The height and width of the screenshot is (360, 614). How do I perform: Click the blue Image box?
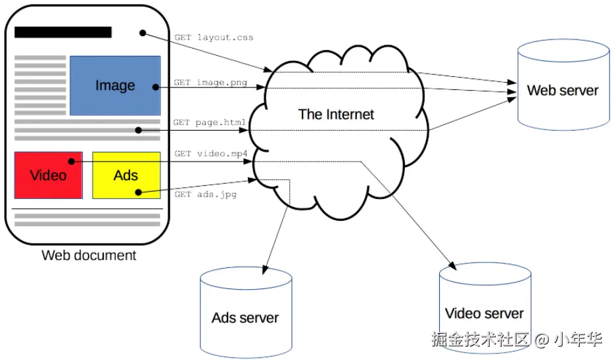(x=115, y=85)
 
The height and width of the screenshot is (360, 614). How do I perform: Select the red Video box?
(x=48, y=175)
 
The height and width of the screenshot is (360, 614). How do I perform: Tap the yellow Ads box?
(x=126, y=175)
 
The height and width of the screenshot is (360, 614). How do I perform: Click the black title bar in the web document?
(x=63, y=32)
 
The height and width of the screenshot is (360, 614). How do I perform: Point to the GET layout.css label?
(x=214, y=37)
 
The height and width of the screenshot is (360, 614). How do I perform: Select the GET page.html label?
(x=210, y=122)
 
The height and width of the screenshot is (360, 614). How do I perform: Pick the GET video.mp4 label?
(x=211, y=154)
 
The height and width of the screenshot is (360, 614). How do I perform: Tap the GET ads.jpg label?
(x=205, y=194)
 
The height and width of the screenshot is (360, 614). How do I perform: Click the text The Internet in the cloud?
(x=336, y=114)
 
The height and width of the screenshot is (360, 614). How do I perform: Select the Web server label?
(x=563, y=91)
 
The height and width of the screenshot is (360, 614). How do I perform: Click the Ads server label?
(x=245, y=318)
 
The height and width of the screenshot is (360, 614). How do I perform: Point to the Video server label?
(x=484, y=313)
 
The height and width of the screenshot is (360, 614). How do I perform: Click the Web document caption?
(x=89, y=255)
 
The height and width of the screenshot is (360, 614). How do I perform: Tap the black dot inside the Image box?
(x=155, y=86)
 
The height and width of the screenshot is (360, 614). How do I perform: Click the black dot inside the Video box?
(x=70, y=161)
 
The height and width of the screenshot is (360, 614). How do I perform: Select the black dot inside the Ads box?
(x=138, y=192)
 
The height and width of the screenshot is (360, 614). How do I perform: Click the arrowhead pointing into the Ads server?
(x=264, y=271)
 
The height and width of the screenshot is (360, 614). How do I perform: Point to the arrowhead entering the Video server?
(x=452, y=265)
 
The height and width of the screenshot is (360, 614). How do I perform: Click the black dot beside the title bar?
(x=142, y=33)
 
